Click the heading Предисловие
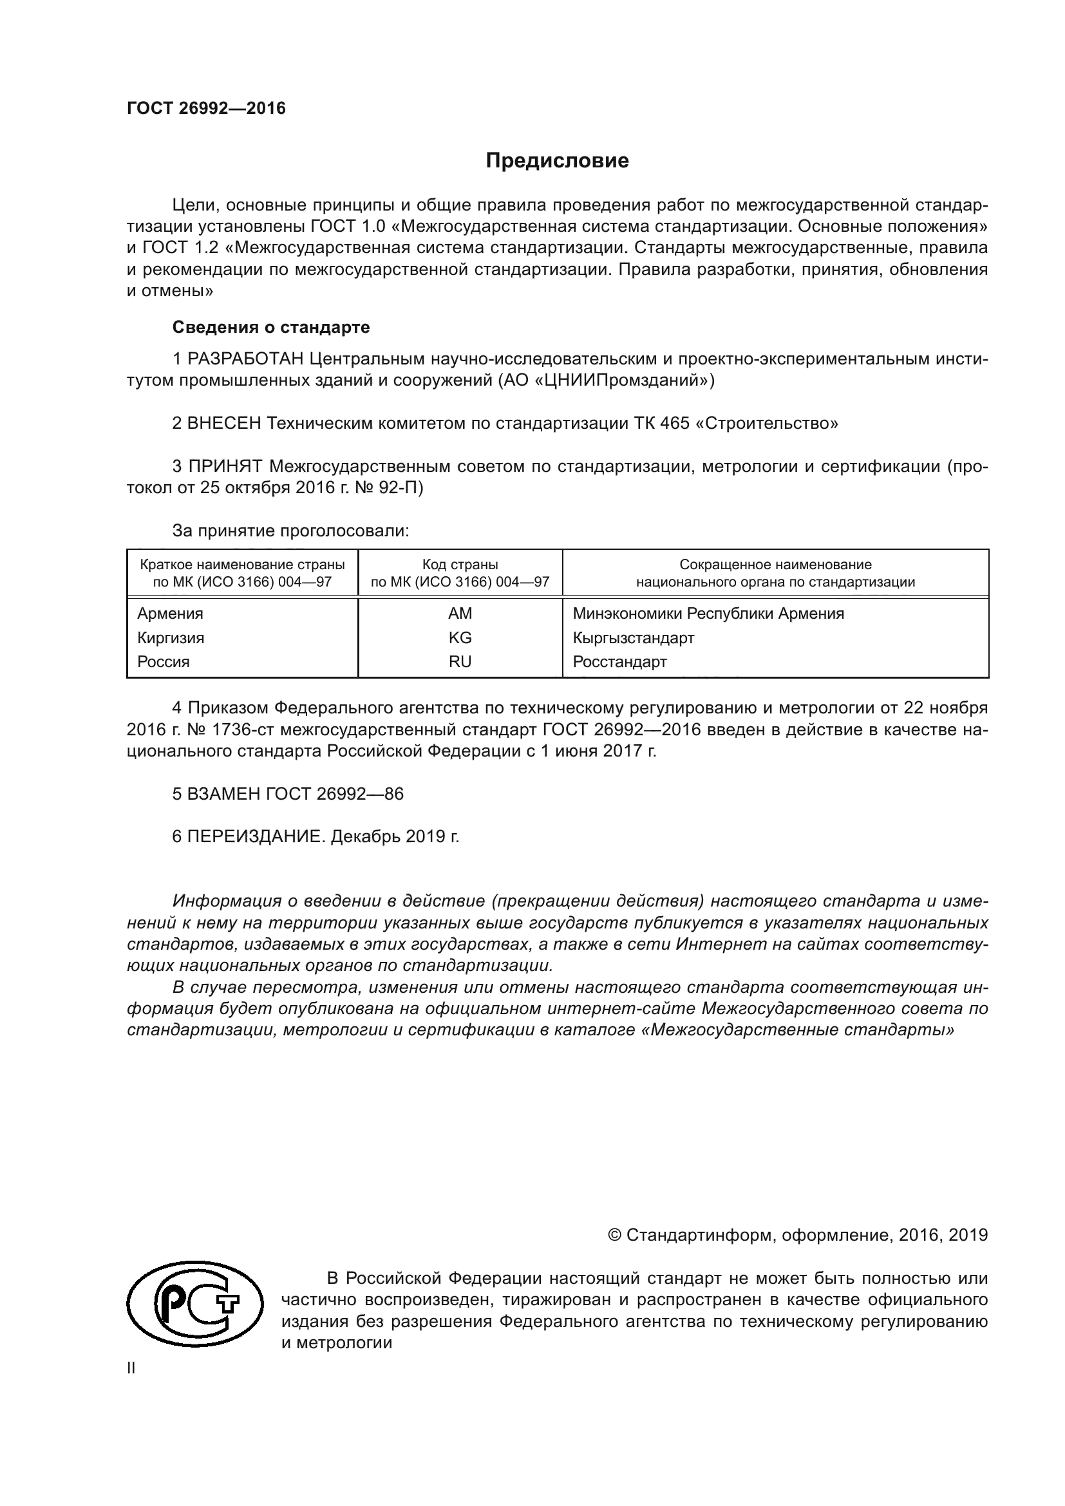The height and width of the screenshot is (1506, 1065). [x=557, y=161]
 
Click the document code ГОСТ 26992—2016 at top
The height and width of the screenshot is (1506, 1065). [x=206, y=108]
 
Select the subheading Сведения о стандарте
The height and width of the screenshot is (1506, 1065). [x=271, y=326]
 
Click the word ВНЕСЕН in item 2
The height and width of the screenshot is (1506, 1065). [x=224, y=423]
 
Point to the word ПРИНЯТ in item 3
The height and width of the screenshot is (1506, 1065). [x=225, y=466]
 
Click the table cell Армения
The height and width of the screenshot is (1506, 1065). [x=170, y=614]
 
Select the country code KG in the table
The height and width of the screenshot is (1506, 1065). [x=460, y=637]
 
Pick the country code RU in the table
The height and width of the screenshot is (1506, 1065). [x=460, y=662]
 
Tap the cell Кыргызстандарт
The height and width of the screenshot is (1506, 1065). [x=633, y=637]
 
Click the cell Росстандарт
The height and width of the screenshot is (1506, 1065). [x=619, y=662]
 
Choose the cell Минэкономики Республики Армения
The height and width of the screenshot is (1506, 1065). [x=708, y=614]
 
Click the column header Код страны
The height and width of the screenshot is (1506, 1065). [x=460, y=565]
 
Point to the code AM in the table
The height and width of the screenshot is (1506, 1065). [x=460, y=614]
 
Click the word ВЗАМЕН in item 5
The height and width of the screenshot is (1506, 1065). [x=224, y=794]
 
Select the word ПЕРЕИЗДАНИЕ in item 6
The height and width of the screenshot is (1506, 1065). [x=256, y=837]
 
